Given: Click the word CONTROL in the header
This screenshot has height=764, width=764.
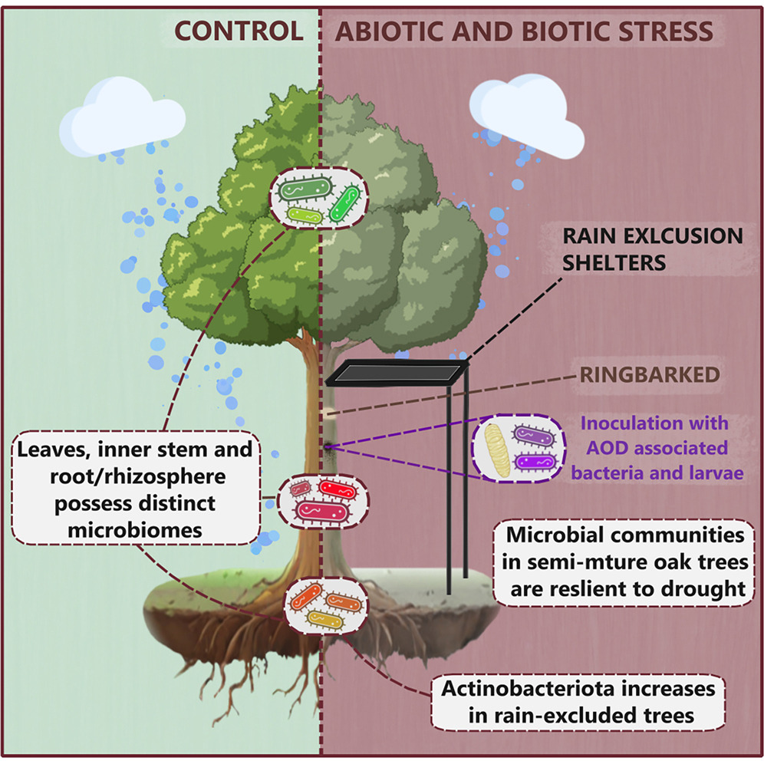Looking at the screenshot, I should pyautogui.click(x=239, y=31).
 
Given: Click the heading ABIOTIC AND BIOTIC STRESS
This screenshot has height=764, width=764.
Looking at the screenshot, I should pyautogui.click(x=525, y=31).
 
